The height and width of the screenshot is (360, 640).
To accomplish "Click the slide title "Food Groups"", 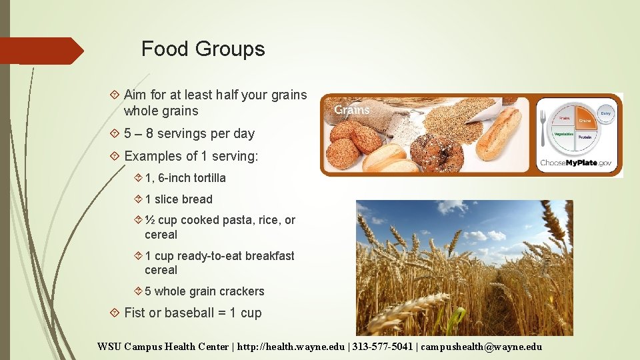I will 203,49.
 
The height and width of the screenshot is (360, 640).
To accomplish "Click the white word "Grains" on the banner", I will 351,110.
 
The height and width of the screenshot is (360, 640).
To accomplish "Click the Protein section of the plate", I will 585,137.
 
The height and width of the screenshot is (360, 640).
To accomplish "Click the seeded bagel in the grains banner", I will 437,151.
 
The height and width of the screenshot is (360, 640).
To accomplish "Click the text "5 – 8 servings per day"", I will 189,133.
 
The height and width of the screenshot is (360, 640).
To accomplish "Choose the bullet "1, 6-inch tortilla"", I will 185,178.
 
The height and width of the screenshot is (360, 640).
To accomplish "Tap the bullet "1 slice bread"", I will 178,199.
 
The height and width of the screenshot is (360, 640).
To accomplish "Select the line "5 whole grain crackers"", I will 204,291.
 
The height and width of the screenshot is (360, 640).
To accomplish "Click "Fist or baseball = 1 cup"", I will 193,313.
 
